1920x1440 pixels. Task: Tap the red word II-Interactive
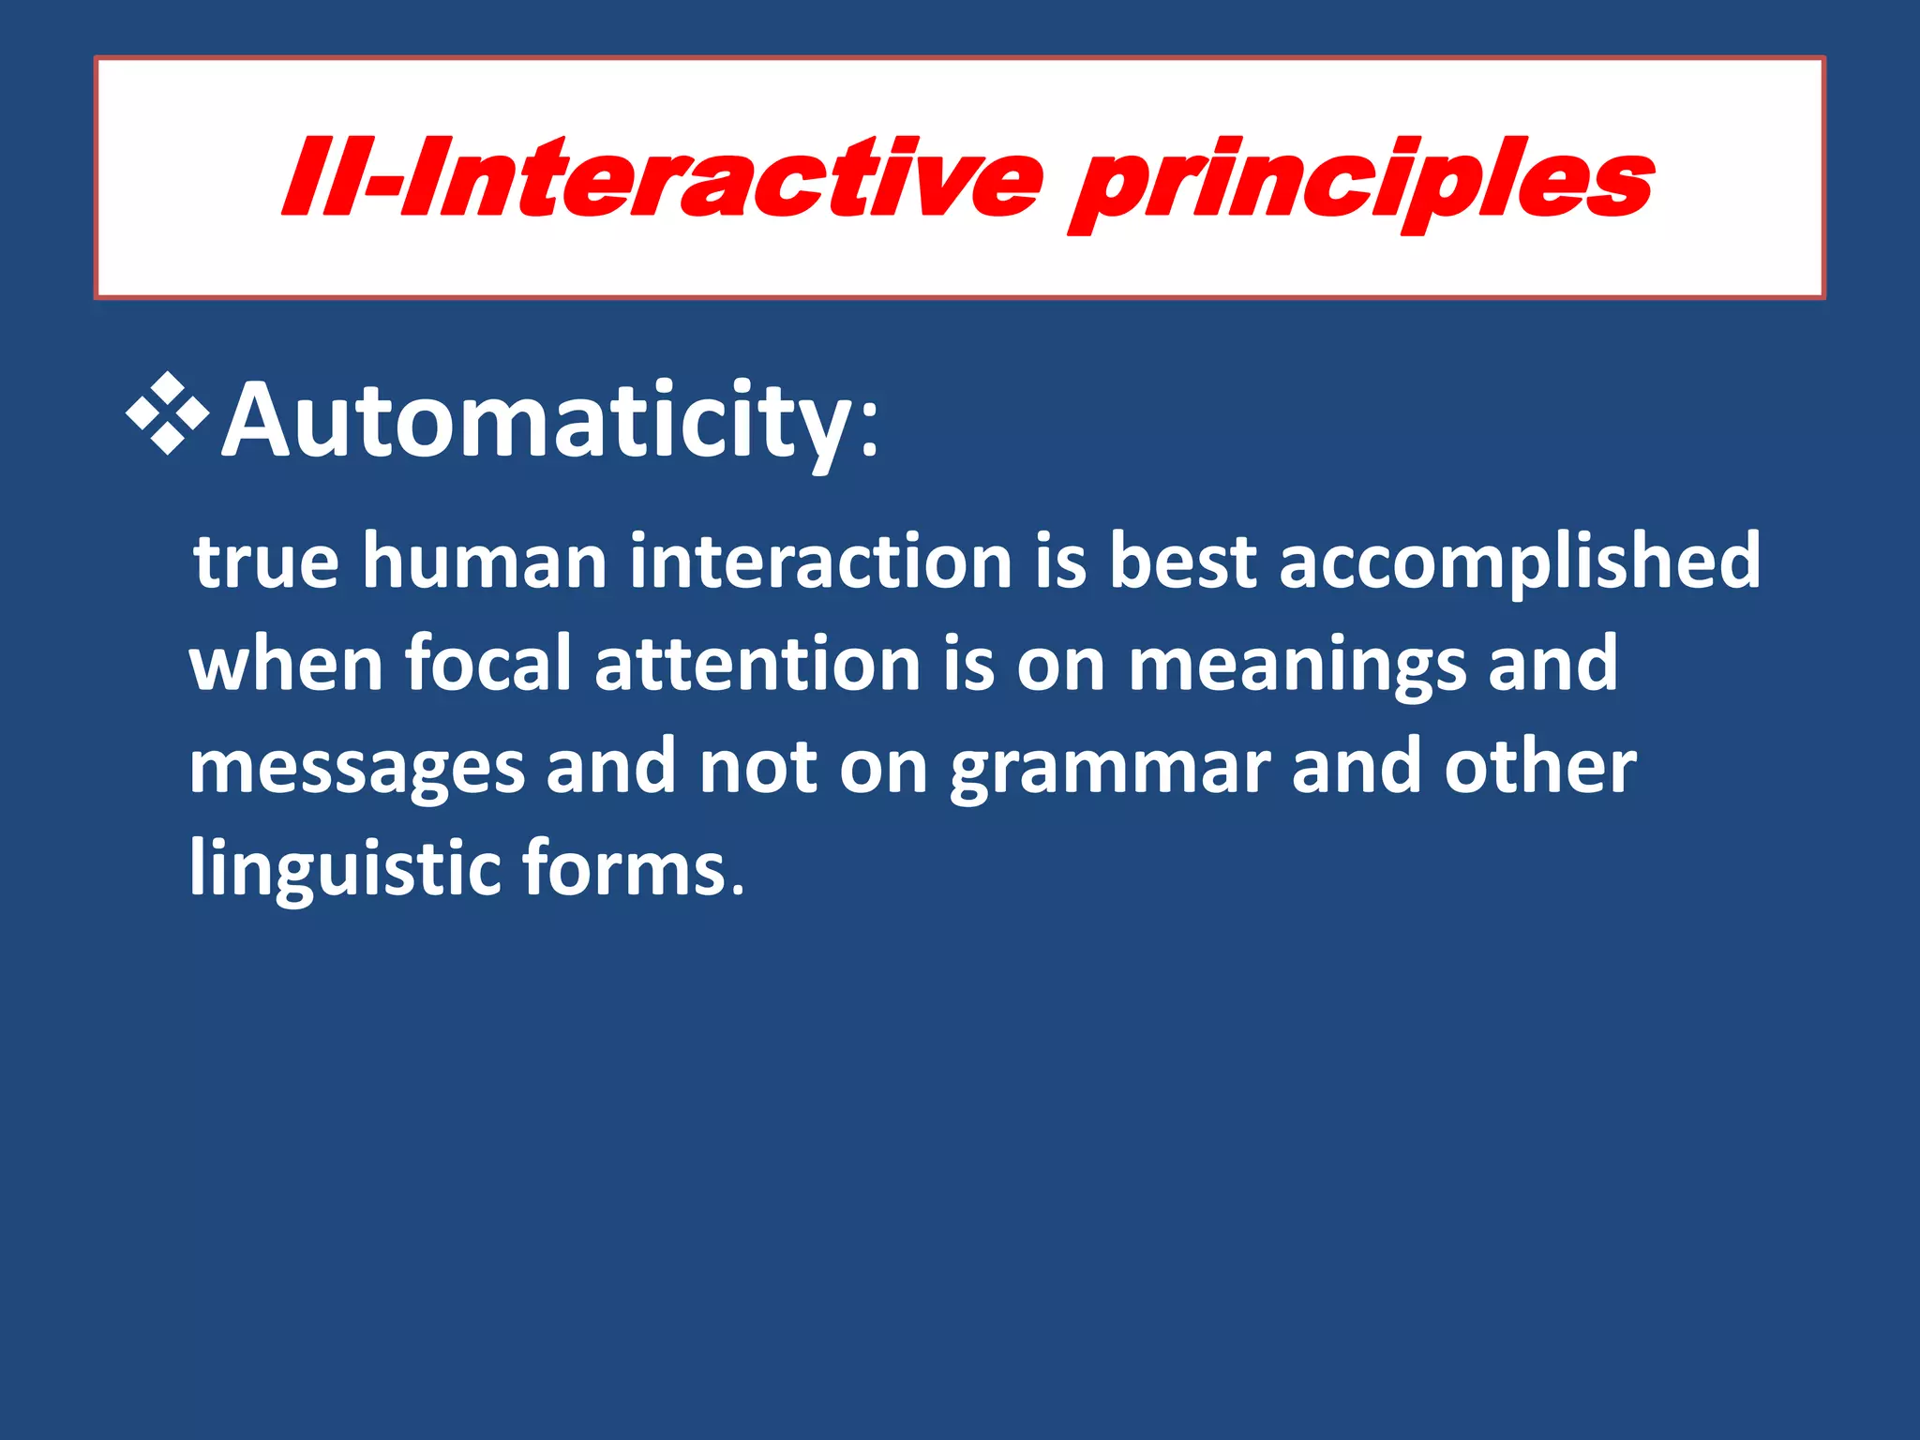pos(662,178)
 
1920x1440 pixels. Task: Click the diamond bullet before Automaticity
pos(169,413)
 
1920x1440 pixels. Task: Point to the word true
pos(266,562)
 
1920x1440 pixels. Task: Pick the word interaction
pos(821,562)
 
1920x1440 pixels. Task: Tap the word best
pos(1183,562)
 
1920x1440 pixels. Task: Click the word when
pos(287,664)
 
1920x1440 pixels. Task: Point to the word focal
pos(488,664)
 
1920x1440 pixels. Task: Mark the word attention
pos(757,664)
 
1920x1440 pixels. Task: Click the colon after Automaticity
pos(869,433)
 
